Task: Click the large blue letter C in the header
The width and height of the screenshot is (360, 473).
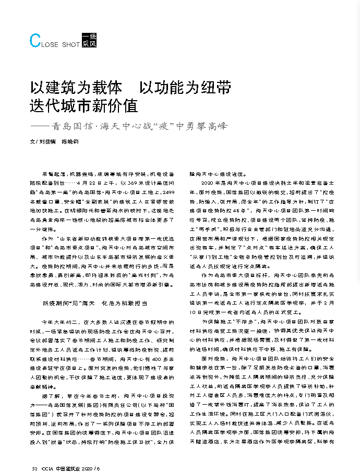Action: pyautogui.click(x=35, y=41)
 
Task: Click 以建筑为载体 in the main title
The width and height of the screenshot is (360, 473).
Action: pyautogui.click(x=76, y=87)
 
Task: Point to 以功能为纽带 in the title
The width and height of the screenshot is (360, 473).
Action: pyautogui.click(x=185, y=87)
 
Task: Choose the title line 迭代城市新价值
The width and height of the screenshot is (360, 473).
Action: pyautogui.click(x=83, y=106)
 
